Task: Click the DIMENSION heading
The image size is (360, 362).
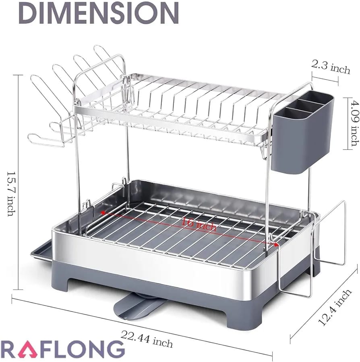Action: pos(99,13)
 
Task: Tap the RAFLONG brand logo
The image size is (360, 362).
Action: pos(62,349)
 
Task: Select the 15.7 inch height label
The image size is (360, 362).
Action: pos(11,193)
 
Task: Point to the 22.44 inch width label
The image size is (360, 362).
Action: pos(147,339)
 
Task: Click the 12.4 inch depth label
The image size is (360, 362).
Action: pos(334,307)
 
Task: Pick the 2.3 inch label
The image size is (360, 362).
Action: pos(331,67)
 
